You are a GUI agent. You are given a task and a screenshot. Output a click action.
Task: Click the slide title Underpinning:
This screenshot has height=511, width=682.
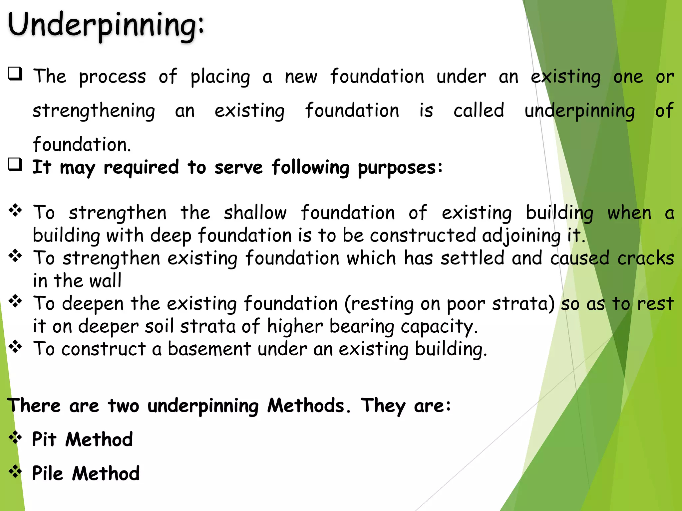point(106,25)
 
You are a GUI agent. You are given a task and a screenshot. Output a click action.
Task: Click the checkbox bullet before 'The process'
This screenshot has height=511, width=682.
point(15,74)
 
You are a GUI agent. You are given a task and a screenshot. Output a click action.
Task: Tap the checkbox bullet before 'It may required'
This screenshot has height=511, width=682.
point(15,165)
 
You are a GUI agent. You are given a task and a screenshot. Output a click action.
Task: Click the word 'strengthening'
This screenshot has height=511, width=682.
point(94,111)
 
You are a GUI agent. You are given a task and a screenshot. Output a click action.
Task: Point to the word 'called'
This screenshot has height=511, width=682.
point(479,110)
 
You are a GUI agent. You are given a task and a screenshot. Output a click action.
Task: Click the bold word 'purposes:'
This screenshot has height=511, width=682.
point(400,168)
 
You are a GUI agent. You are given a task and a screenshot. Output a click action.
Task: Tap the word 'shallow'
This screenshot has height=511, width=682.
point(255,213)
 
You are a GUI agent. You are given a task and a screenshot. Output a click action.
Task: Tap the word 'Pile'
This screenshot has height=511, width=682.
point(47,473)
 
